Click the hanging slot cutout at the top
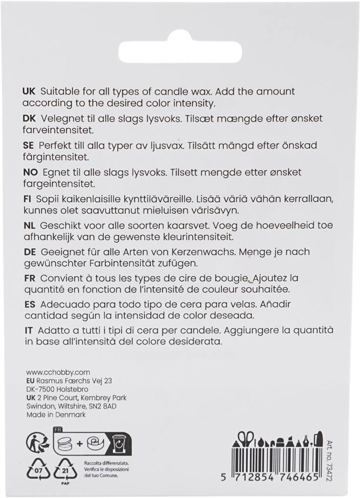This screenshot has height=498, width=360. tap(180, 49)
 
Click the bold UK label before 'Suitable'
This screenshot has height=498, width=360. tap(29, 92)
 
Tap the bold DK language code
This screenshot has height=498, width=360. tap(29, 119)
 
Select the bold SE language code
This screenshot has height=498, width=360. tap(29, 146)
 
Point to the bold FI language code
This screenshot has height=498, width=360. tap(27, 199)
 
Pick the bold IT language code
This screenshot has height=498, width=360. tap(28, 330)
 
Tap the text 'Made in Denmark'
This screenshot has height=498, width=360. tap(56, 415)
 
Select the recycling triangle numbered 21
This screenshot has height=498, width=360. tap(65, 471)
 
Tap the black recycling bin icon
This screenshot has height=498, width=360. tap(119, 442)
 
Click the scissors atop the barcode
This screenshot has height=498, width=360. tap(247, 437)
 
